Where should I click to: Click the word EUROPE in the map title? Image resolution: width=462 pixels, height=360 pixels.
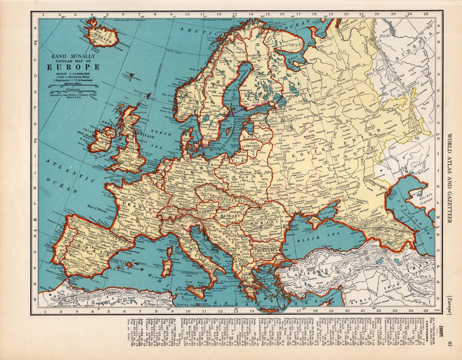pyautogui.click(x=73, y=67)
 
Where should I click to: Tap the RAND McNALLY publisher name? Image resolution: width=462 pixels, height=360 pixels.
pyautogui.click(x=73, y=56)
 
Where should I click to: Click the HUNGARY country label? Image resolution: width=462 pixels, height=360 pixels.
pyautogui.click(x=231, y=217)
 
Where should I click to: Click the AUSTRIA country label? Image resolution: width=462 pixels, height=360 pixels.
pyautogui.click(x=202, y=212)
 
